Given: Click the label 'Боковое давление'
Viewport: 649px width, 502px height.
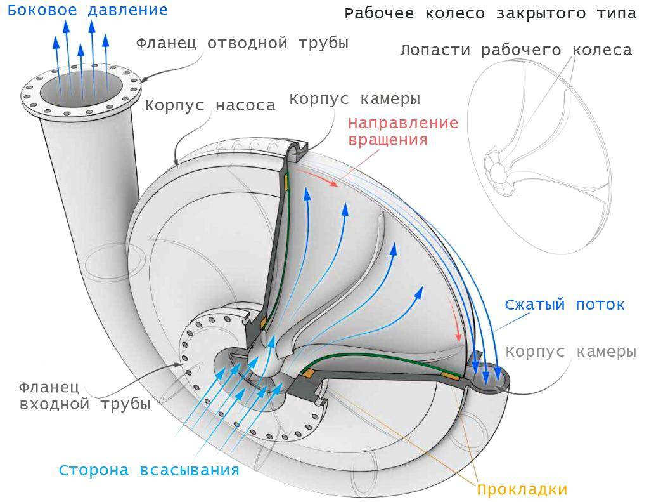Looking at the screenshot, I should (x=87, y=10).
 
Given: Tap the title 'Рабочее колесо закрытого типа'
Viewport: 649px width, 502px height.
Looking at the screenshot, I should (x=491, y=13).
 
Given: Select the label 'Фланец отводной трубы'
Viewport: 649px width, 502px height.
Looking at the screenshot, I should (x=242, y=43).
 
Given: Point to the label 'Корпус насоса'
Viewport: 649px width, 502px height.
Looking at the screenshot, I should (x=210, y=105).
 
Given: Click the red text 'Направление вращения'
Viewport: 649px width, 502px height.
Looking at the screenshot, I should (x=403, y=131).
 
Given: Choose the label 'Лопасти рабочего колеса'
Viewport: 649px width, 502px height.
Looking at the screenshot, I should (x=515, y=50).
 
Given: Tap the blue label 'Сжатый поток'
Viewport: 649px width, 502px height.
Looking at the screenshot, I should (x=565, y=304).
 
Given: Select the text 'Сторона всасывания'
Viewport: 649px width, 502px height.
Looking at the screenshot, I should (x=149, y=470).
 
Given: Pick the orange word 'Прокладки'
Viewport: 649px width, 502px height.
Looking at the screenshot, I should (x=522, y=489).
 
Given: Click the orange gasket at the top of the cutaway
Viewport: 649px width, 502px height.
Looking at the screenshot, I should (x=286, y=181).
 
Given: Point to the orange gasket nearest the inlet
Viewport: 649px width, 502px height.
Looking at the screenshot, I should (x=307, y=374).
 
